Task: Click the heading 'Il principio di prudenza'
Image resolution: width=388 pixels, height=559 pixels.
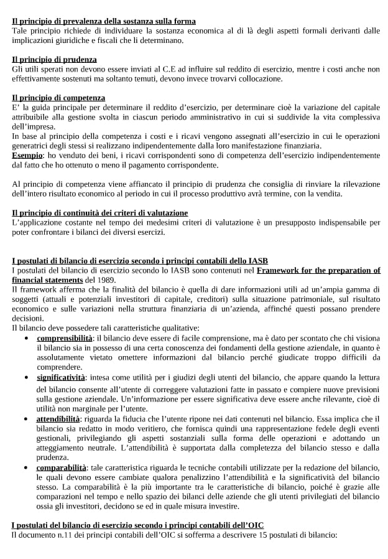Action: [x=54, y=60]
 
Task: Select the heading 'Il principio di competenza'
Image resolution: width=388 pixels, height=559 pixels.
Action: [x=58, y=98]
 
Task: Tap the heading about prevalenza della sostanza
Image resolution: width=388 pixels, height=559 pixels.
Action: [x=103, y=22]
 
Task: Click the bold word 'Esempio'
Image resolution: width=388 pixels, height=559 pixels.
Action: [x=27, y=155]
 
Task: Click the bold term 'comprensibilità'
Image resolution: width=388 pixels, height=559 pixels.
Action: [x=64, y=337]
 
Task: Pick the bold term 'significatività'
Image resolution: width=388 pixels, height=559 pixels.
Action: [x=61, y=377]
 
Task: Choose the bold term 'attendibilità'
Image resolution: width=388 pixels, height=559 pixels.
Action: [x=58, y=419]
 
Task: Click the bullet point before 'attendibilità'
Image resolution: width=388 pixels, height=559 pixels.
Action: [x=25, y=420]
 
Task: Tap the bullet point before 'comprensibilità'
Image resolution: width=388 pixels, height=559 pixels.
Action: [x=25, y=337]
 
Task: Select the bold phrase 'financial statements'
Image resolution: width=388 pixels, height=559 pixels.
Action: [x=48, y=279]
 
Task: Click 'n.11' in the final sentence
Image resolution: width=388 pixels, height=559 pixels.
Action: [x=62, y=535]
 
